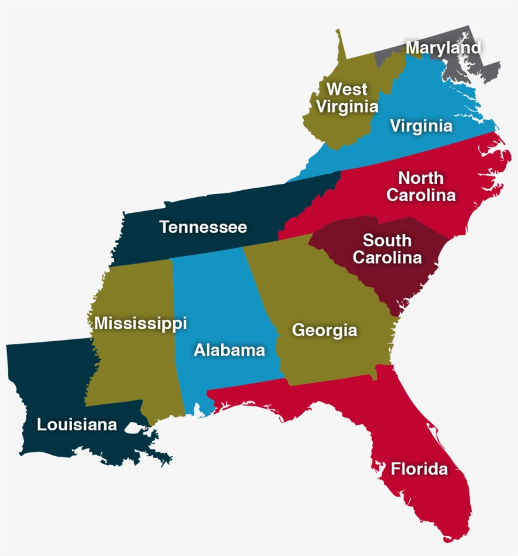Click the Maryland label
coord(443,47)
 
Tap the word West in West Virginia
coord(346,89)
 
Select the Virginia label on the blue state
coord(421,126)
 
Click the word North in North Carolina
coord(421,178)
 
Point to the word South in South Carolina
coord(387,241)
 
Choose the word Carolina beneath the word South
coord(387,258)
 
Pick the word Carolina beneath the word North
coord(421,195)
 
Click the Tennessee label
coord(203,227)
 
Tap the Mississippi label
coord(140,323)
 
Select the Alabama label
coord(229,349)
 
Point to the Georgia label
coord(324,330)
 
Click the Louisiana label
coord(77,425)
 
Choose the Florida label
coord(419,469)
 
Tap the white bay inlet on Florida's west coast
coord(380,468)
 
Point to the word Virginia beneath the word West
coord(346,106)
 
